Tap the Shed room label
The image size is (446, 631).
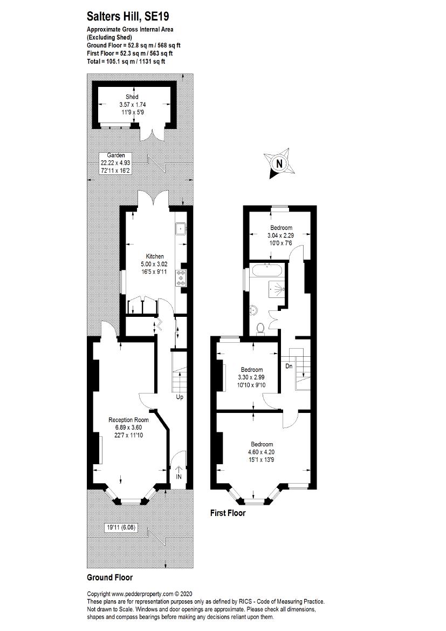(132, 97)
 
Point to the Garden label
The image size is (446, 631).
(115, 155)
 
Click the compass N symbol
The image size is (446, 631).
(279, 164)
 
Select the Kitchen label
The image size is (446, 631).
(155, 256)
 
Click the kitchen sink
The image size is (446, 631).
(180, 229)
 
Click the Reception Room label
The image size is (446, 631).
(128, 420)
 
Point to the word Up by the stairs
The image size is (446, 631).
(179, 398)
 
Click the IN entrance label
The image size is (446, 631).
(179, 477)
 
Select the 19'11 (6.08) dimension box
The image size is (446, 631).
(121, 527)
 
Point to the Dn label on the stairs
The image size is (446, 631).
(289, 366)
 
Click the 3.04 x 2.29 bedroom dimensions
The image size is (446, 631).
(281, 235)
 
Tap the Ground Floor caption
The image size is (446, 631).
(109, 578)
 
